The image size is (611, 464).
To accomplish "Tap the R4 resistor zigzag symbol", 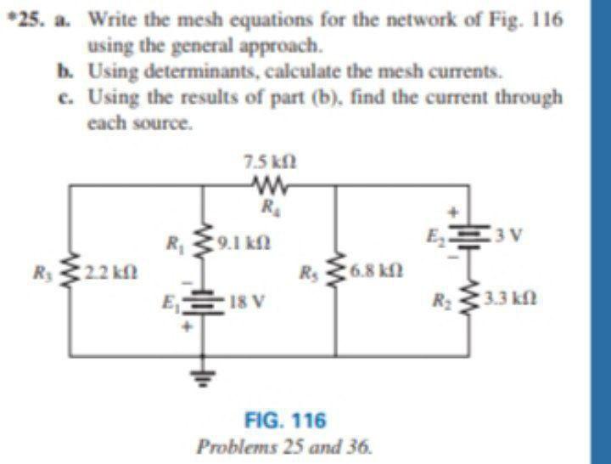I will (270, 184).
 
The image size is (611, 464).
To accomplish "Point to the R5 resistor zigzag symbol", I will (339, 274).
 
